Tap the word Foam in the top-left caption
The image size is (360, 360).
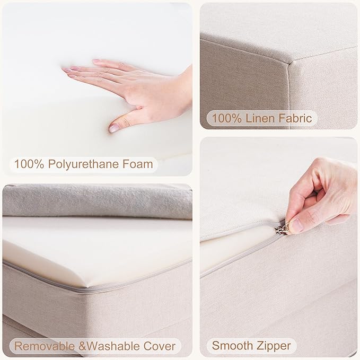click(137, 164)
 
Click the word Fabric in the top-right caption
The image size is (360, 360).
click(295, 118)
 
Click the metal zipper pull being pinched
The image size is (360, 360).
click(282, 228)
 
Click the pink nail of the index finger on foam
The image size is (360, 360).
click(66, 69)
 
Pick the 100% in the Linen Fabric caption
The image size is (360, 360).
click(226, 118)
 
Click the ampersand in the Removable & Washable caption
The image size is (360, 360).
click(82, 346)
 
